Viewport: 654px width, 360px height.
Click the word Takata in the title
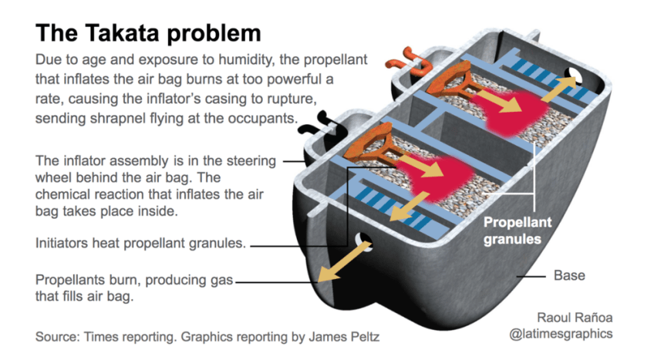coord(121,32)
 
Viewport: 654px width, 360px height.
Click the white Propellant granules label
coord(517,230)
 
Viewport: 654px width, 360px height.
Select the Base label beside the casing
coord(569,275)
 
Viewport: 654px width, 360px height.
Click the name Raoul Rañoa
coord(575,318)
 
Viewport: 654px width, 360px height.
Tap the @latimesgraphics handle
coord(561,334)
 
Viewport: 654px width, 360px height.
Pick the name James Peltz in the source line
coord(344,337)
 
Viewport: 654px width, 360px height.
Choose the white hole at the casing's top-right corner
coord(574,76)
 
